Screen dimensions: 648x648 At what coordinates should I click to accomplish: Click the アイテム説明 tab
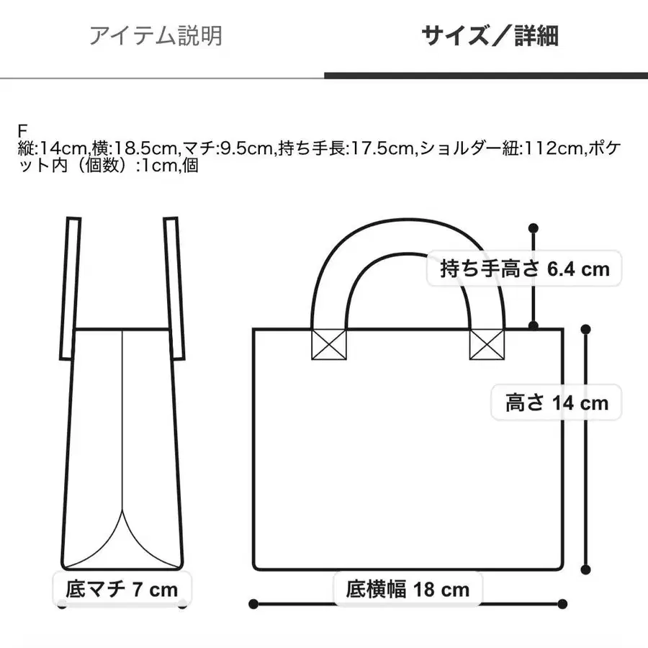[156, 35]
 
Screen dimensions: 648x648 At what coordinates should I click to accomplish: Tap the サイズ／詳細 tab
[490, 35]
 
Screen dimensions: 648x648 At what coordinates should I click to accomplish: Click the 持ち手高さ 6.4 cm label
[525, 269]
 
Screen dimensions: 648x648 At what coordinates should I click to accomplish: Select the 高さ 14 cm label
[557, 402]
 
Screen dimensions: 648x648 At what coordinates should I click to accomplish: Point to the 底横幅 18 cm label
[408, 590]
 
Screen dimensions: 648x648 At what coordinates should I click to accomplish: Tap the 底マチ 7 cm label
[121, 590]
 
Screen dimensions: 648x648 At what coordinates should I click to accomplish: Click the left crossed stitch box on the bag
[328, 343]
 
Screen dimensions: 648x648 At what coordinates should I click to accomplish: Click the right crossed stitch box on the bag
[487, 343]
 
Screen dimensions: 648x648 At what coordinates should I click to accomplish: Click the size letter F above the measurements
[22, 132]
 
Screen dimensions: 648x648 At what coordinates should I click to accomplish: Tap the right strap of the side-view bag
[171, 288]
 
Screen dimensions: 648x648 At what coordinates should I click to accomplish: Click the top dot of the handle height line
[534, 228]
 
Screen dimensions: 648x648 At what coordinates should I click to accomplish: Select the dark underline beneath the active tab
[486, 75]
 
